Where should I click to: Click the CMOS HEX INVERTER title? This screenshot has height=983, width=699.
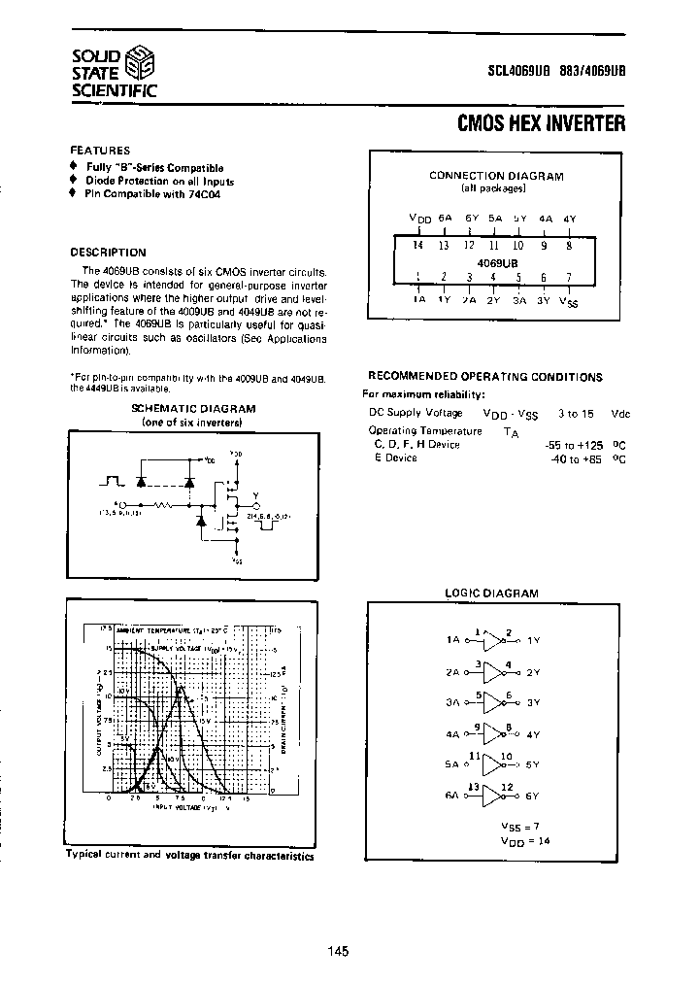click(541, 123)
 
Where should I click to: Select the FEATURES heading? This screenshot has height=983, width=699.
click(100, 151)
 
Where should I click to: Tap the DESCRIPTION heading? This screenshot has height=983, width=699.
click(108, 251)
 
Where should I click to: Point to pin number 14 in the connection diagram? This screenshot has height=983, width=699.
click(418, 246)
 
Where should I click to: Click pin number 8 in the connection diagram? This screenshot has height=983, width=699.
click(568, 246)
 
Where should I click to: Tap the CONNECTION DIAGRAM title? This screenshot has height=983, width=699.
click(496, 176)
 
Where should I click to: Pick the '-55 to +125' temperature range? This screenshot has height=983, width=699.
click(576, 444)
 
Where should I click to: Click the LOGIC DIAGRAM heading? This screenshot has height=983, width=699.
click(491, 593)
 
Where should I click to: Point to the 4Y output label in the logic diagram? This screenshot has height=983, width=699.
click(532, 734)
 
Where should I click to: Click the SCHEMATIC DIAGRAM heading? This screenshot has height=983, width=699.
click(193, 409)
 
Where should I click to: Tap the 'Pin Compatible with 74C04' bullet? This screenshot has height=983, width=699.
click(160, 193)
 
